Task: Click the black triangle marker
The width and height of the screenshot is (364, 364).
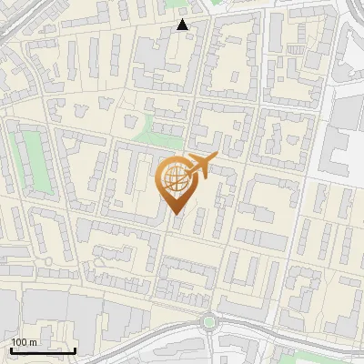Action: click(183, 25)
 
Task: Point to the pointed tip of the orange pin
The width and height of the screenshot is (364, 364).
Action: click(175, 215)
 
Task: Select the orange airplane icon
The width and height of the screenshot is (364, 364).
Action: click(201, 165)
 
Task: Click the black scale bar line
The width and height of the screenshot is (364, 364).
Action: click(43, 350)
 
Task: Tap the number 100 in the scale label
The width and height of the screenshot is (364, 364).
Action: click(19, 342)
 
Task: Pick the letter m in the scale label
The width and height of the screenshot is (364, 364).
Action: click(33, 342)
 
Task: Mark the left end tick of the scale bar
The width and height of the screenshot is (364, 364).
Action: click(11, 349)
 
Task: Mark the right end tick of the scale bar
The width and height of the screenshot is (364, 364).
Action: click(75, 349)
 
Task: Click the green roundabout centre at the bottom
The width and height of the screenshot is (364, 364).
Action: click(209, 320)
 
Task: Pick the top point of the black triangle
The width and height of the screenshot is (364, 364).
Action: click(183, 19)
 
